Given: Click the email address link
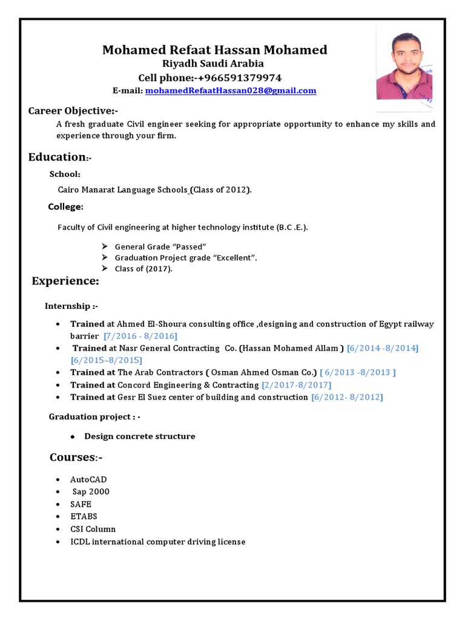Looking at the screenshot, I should tap(230, 91).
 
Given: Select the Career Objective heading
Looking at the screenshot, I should tap(73, 111).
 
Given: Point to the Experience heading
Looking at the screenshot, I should tap(65, 281).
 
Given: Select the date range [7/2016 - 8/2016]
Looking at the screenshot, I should tap(140, 335).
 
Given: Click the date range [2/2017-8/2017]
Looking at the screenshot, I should tap(296, 385).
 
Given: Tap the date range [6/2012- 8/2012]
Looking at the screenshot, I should tap(347, 397).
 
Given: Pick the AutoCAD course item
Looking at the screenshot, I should tap(88, 480).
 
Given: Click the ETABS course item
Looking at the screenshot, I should tap(84, 516).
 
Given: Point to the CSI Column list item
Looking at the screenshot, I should tap(93, 529).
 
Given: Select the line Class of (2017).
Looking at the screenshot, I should tap(143, 269).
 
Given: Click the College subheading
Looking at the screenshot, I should tap(65, 207).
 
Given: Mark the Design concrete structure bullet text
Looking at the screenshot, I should tap(140, 437).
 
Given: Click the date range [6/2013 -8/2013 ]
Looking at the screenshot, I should tap(358, 372).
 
